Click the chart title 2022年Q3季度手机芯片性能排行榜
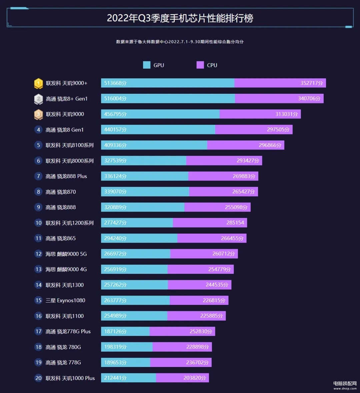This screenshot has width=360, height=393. [180, 18]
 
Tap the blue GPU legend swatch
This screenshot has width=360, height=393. [147, 65]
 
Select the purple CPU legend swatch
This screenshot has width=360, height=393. [200, 65]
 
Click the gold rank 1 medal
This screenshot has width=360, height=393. [38, 83]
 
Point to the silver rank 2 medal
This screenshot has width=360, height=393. [38, 99]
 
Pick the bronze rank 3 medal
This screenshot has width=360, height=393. [38, 114]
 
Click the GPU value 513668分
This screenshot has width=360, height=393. [115, 83]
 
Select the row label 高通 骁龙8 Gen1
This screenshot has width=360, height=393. [65, 130]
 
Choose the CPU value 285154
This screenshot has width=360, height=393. [235, 223]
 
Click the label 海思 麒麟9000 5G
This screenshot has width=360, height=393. [66, 254]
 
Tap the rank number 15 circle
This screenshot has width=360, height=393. [38, 300]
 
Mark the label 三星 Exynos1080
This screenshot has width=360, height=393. [65, 300]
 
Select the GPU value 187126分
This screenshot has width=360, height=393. [115, 331]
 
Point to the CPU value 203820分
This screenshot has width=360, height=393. [195, 378]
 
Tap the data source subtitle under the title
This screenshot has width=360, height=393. [180, 42]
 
